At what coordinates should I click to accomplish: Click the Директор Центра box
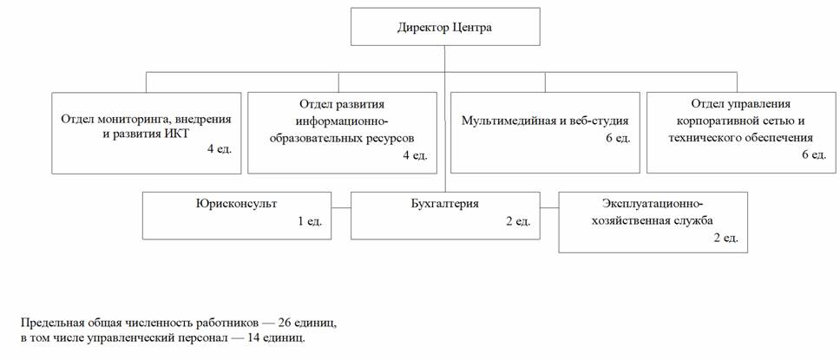tap(445, 26)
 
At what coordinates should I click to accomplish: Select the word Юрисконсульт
tap(236, 204)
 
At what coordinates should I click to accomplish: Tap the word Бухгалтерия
tap(445, 204)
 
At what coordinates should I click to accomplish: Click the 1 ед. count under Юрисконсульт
tap(310, 220)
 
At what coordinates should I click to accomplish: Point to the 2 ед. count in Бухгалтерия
tap(517, 220)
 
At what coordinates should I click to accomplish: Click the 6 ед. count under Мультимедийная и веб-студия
tap(618, 137)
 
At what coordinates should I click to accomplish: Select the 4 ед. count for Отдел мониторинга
tap(220, 149)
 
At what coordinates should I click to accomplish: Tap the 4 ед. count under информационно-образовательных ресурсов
tap(417, 154)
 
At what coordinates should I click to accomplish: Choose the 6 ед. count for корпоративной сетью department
tap(813, 154)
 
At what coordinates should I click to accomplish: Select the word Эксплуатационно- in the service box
tap(652, 204)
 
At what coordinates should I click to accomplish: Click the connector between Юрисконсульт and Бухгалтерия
tap(341, 207)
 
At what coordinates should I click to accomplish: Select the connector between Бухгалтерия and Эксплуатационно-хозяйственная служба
tap(549, 207)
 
